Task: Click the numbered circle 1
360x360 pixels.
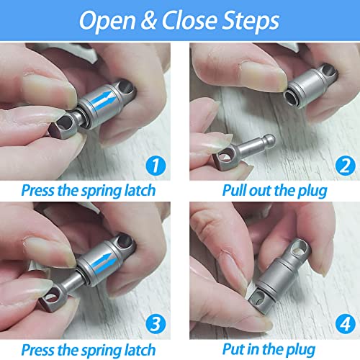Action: (156, 166)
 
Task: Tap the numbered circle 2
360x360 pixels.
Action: (346, 166)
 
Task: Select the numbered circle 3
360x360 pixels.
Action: (156, 324)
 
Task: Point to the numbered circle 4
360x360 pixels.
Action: (346, 324)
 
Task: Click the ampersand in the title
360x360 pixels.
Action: (149, 20)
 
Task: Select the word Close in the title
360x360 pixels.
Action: (189, 20)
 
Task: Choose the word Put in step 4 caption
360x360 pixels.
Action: (233, 349)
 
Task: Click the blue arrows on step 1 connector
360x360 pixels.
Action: (104, 101)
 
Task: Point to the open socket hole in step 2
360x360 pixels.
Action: (291, 98)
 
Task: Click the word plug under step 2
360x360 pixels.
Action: (312, 192)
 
